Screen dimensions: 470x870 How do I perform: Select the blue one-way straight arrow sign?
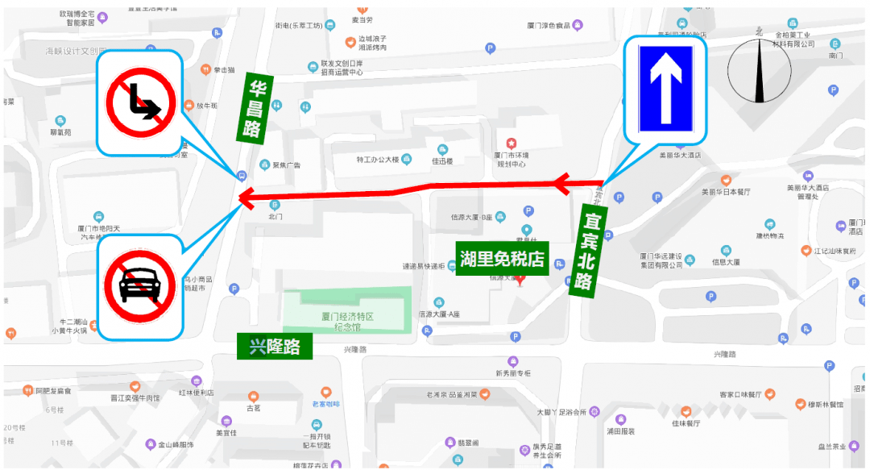(x=665, y=89)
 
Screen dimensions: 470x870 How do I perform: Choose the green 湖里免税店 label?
(x=503, y=259)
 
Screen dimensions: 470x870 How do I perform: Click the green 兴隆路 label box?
(x=275, y=347)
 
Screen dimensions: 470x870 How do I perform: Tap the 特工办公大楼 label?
(x=378, y=160)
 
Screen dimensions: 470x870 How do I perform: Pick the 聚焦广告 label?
(x=286, y=165)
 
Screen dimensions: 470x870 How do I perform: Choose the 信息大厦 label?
(x=726, y=262)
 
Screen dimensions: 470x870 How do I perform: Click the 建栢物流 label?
(x=769, y=235)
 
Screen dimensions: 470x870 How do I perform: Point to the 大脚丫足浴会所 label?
(x=561, y=412)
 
